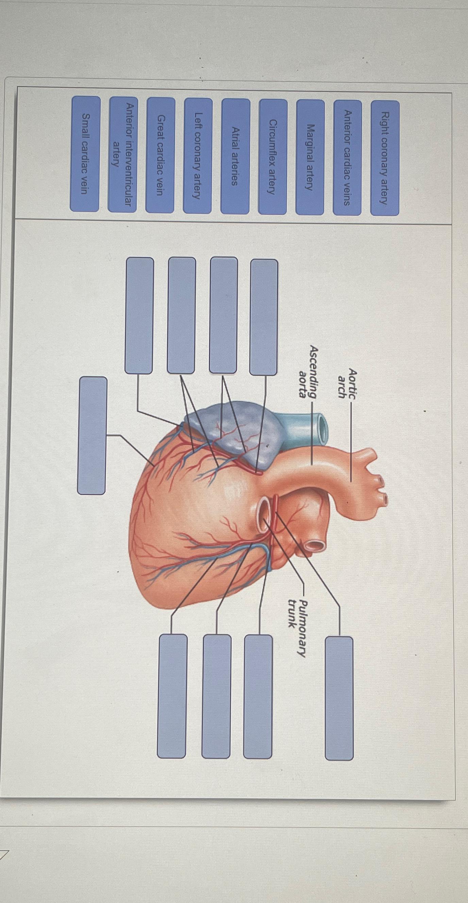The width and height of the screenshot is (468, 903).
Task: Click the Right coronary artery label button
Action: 385,158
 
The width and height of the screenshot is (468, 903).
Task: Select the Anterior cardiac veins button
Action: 347,157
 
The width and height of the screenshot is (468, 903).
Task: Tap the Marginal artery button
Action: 310,157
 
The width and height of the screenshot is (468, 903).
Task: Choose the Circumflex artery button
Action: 272,157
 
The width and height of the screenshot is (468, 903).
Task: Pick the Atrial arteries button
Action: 235,156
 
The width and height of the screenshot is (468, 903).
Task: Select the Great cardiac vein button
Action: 160,155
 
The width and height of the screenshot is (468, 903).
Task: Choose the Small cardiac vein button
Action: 85,154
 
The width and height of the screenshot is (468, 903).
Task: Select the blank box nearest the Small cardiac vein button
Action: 92,435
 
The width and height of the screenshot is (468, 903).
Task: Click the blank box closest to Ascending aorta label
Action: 264,317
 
